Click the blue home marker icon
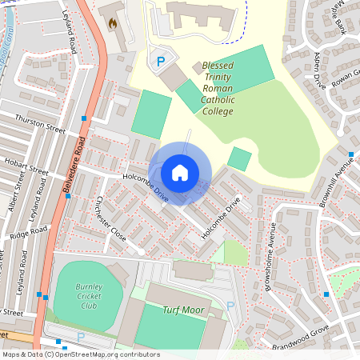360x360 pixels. click(x=180, y=172)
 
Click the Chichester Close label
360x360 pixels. click(x=111, y=219)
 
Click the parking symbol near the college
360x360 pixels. click(x=161, y=61)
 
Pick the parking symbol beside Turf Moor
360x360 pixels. click(x=230, y=306)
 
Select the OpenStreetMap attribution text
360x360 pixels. click(x=81, y=354)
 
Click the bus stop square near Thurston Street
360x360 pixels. click(x=84, y=118)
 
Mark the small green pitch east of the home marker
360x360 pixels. click(x=238, y=158)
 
